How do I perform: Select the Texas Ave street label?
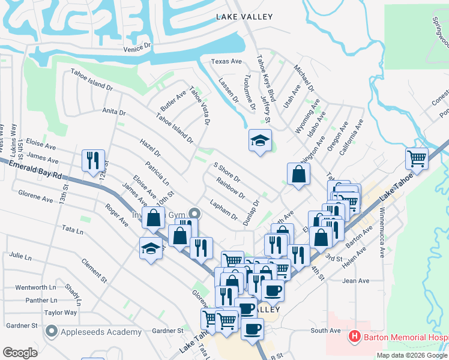226,61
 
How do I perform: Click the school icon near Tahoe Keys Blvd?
260,142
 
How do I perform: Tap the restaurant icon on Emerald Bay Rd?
93,161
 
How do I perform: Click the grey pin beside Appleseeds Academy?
52,331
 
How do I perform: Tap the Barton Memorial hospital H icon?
354,337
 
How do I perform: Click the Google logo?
20,353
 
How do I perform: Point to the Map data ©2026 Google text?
411,355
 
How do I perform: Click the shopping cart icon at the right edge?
417,158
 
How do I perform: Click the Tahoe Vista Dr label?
200,106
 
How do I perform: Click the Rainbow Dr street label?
231,188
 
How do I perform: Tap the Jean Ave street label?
355,281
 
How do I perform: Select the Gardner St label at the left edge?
21,326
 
